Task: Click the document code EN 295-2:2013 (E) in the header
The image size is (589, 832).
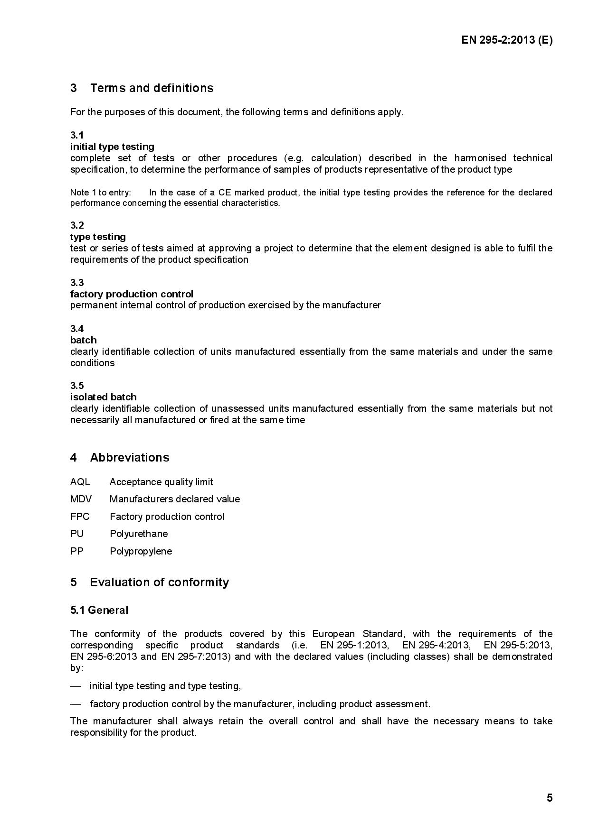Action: (x=506, y=40)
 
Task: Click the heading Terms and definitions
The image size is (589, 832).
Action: (x=152, y=88)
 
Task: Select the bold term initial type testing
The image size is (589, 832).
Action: (x=112, y=147)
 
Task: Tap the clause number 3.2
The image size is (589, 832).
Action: (x=77, y=225)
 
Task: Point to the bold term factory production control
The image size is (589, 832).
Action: (x=132, y=294)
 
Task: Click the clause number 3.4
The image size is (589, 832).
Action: (x=77, y=329)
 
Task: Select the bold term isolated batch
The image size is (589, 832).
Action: (x=103, y=397)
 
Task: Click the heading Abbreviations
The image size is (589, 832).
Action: (x=129, y=458)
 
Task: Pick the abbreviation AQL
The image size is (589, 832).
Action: (x=80, y=482)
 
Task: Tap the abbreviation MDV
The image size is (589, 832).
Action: (x=81, y=499)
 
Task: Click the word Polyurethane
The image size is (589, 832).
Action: (x=139, y=534)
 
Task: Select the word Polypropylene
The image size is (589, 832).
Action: (x=141, y=551)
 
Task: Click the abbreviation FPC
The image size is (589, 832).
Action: (x=80, y=517)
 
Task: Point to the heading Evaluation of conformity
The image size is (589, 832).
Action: (x=159, y=582)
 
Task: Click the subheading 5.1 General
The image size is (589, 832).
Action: (x=99, y=610)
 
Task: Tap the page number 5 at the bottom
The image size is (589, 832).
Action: (x=550, y=798)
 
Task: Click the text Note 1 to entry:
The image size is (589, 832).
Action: (x=100, y=193)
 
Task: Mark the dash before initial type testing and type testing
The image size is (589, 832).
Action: (x=76, y=686)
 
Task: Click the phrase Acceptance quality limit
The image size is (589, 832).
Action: (x=161, y=482)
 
